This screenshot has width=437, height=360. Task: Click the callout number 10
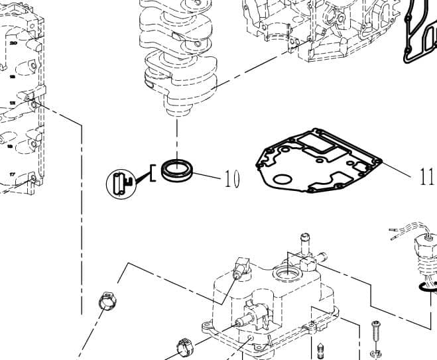click(x=231, y=179)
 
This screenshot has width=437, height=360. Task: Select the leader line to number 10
click(x=208, y=176)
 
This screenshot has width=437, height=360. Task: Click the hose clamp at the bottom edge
click(x=184, y=348)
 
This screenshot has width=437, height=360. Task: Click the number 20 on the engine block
click(x=13, y=42)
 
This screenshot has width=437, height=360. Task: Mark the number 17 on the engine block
click(x=12, y=174)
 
